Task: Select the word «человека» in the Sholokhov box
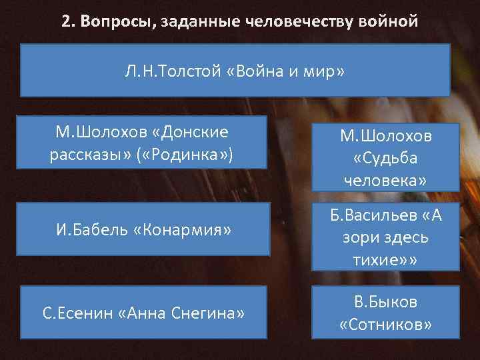tap(385, 181)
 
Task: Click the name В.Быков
tap(385, 302)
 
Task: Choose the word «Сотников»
tap(385, 324)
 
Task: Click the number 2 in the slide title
tap(66, 21)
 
